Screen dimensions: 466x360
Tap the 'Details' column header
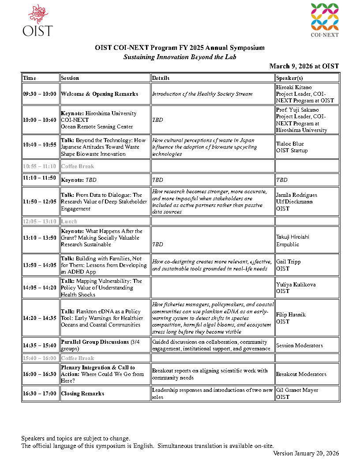coord(161,78)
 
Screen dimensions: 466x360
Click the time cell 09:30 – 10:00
coord(40,94)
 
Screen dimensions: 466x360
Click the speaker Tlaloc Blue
coord(290,144)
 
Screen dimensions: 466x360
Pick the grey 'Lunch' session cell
coord(69,222)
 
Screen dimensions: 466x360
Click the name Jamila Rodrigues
coord(296,195)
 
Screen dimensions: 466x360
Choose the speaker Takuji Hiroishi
coord(292,237)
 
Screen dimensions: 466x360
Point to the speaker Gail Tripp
coord(288,262)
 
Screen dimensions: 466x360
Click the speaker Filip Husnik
coord(291,315)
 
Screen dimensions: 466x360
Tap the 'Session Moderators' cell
coord(299,346)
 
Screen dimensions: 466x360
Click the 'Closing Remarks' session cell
coord(82,394)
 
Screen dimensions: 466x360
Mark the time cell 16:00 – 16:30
coord(40,374)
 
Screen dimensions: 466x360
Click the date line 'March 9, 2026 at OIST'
coord(304,66)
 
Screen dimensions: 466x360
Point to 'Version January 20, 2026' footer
coord(306,453)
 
